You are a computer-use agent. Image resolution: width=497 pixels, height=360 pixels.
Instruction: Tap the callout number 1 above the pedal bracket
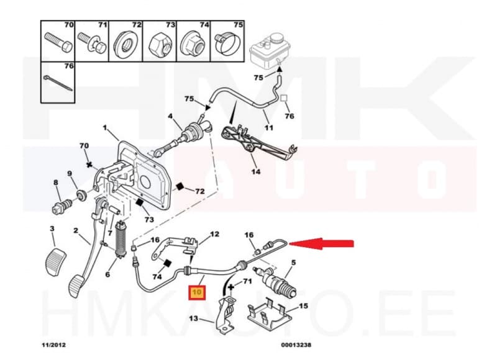point(106,128)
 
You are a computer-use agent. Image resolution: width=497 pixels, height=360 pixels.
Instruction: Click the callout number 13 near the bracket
point(194,320)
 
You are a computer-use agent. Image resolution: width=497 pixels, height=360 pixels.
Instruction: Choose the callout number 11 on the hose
point(269,128)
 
